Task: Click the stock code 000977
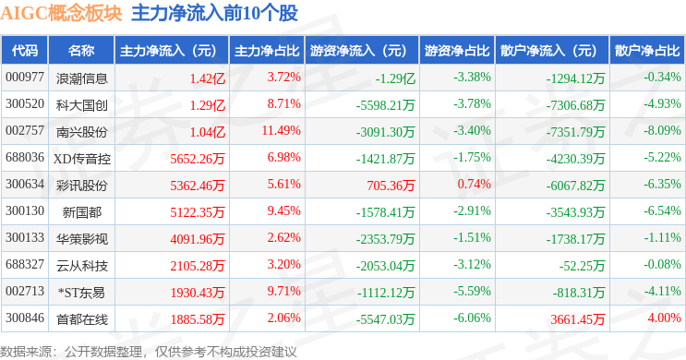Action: [25, 78]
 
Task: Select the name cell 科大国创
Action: [82, 105]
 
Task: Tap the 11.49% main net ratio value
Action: [282, 130]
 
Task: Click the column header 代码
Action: [25, 51]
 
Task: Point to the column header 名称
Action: [81, 51]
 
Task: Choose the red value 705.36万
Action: [391, 186]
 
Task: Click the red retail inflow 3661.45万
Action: [577, 319]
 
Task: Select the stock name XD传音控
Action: [82, 159]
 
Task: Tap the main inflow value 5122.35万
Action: [198, 212]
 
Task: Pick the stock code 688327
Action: [25, 265]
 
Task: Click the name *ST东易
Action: [82, 293]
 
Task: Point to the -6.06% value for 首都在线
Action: [472, 318]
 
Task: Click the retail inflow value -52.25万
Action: [582, 266]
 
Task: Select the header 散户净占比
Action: [647, 51]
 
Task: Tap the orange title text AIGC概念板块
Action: [61, 13]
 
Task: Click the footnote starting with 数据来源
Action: [149, 352]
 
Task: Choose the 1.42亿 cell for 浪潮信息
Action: [208, 78]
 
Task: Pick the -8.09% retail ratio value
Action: [662, 130]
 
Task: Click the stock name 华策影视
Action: [82, 239]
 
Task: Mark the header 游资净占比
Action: [457, 51]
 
